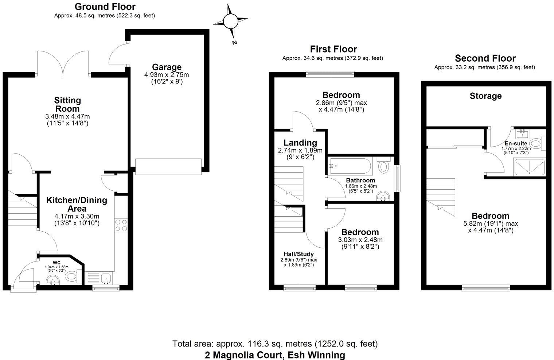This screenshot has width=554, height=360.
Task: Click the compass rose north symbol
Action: pos(230,21)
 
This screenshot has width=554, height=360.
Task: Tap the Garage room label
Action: pos(167,67)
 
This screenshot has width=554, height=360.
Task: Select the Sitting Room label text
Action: pos(67,104)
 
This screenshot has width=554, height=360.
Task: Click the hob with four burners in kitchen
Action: pos(121,225)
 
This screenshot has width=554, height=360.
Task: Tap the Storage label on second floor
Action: pos(485,96)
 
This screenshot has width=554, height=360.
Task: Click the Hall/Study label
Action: pos(299,254)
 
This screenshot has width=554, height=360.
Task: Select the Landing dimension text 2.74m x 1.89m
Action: pos(300,150)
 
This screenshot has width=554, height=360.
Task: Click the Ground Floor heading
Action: pos(105,7)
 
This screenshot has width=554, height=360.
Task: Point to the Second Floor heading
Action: pos(485,58)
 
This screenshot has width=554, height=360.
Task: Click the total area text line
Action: pos(275,344)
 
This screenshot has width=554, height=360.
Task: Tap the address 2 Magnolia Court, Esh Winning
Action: pos(275,355)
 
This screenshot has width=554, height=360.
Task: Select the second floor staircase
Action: pos(441,197)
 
